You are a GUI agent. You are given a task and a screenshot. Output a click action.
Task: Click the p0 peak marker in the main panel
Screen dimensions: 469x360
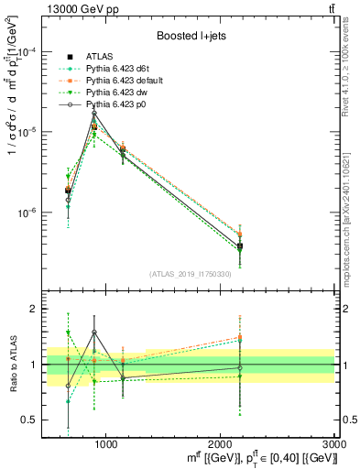pos(94,114)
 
